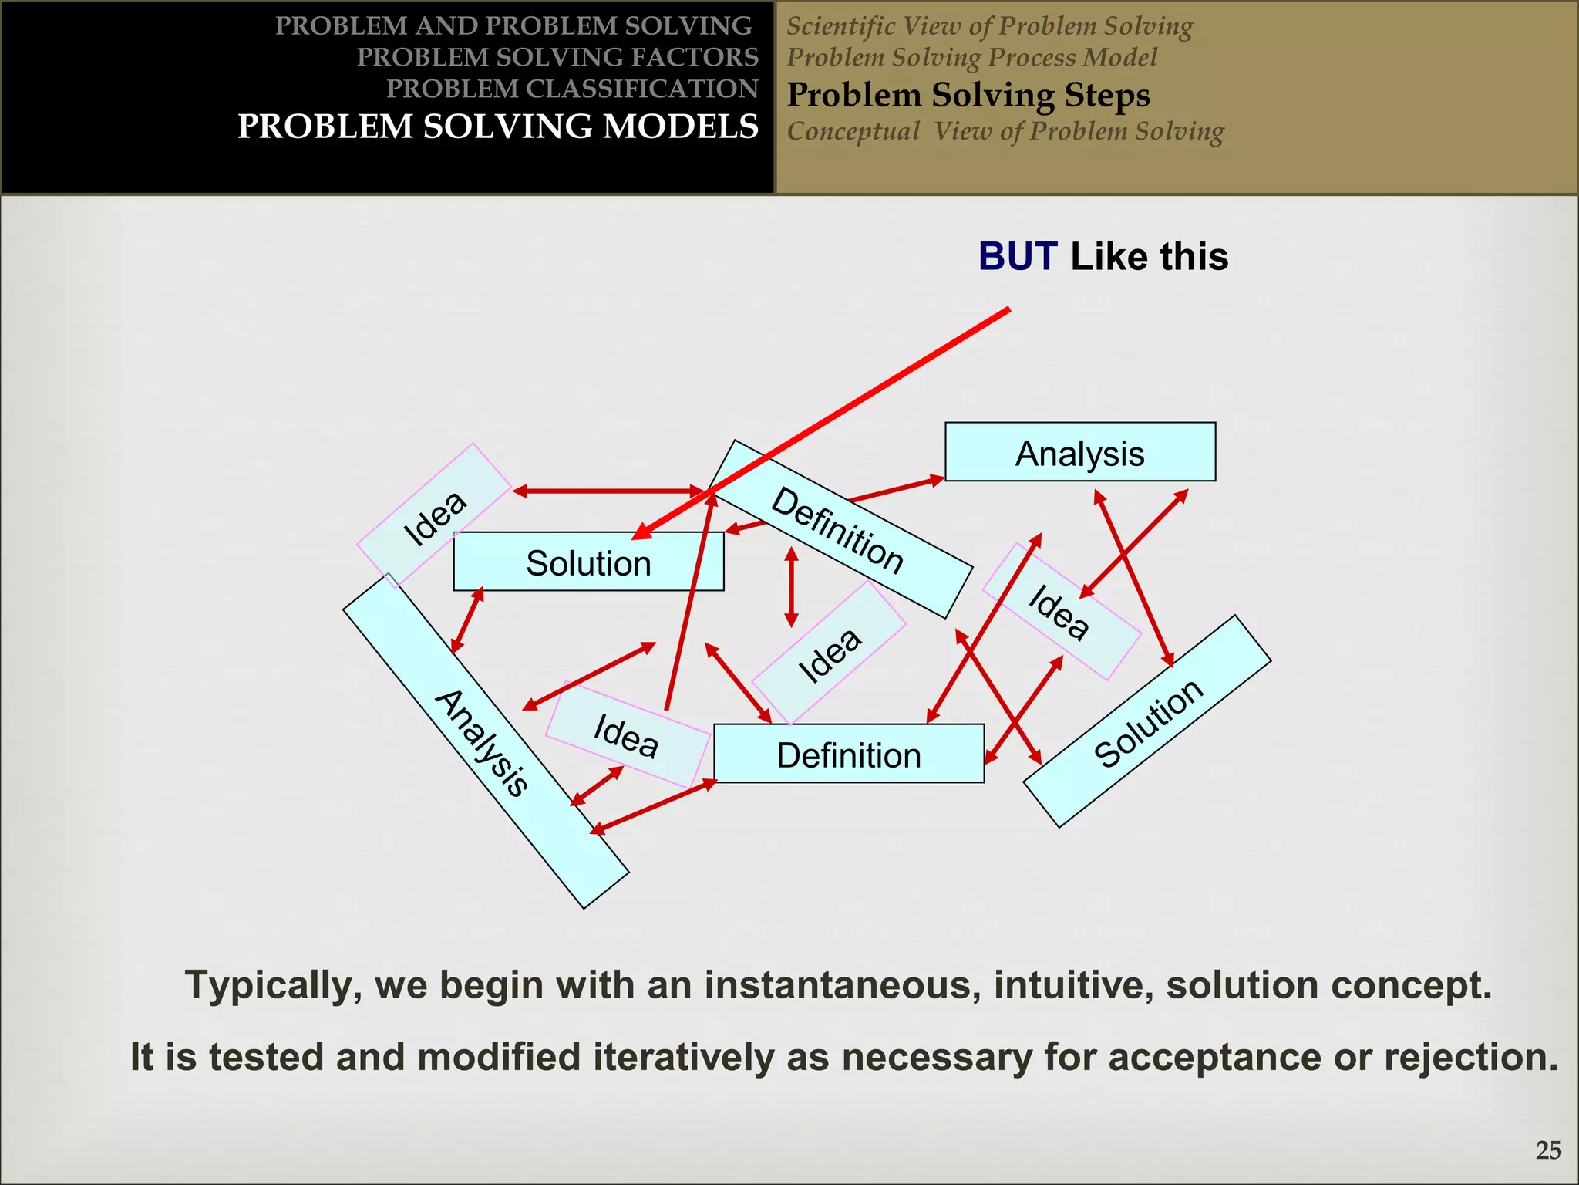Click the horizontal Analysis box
click(1079, 452)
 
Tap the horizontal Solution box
click(588, 562)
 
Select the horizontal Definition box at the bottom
click(848, 754)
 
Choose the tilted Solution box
click(1147, 722)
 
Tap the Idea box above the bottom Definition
click(829, 653)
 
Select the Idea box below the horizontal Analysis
click(1060, 611)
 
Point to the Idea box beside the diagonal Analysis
click(627, 734)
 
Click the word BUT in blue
click(1018, 256)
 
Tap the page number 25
click(1548, 1150)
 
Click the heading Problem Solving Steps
click(968, 96)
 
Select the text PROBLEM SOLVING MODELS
click(498, 127)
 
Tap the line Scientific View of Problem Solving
click(989, 26)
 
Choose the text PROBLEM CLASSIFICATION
click(572, 89)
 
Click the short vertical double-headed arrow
click(791, 586)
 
